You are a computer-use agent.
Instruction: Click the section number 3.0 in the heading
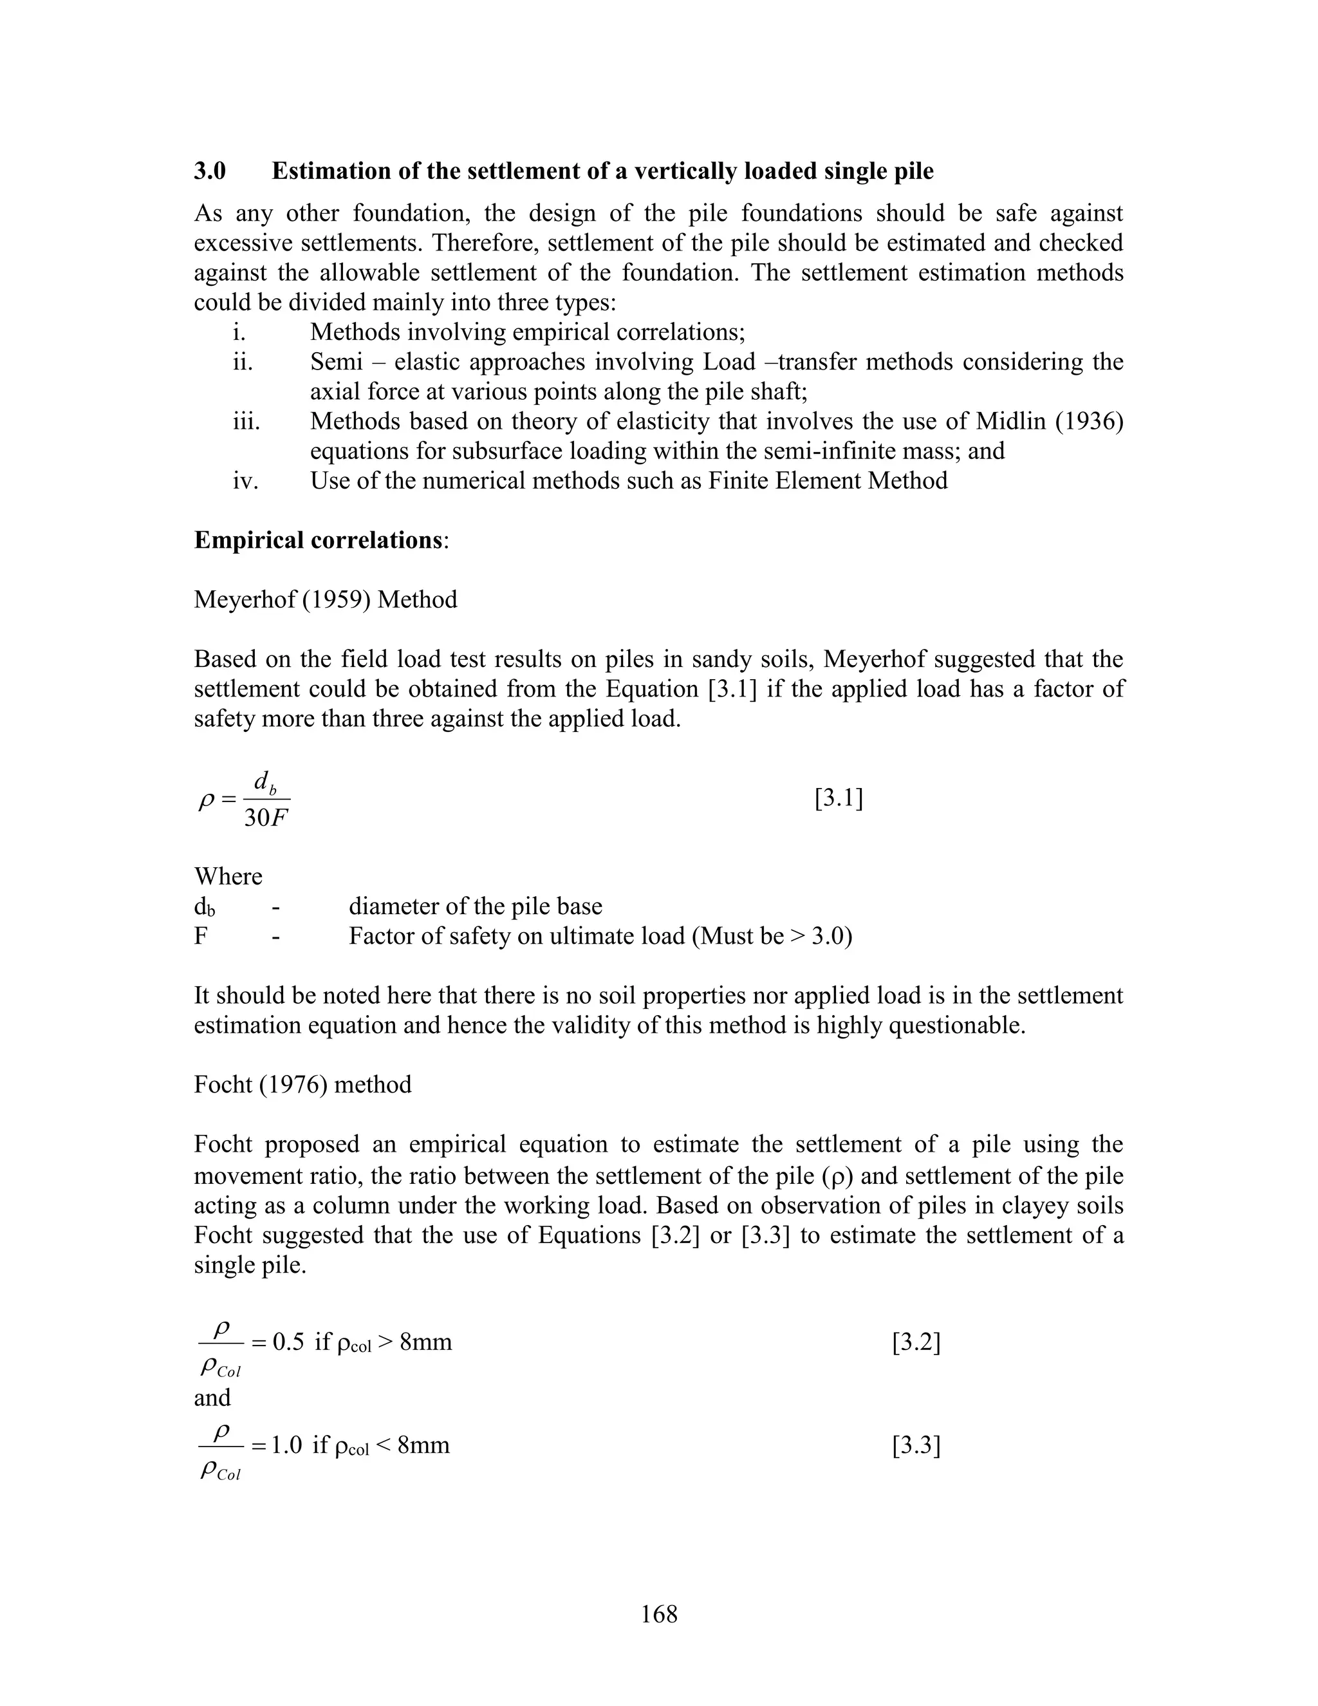[209, 171]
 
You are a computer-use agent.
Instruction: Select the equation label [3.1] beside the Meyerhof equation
[839, 799]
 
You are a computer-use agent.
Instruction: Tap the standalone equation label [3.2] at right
[916, 1343]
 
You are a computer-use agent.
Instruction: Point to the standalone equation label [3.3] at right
[916, 1446]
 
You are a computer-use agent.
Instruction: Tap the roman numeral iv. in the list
[245, 480]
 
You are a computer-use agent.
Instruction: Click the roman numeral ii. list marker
[243, 362]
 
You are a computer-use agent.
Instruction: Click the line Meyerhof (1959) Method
[326, 600]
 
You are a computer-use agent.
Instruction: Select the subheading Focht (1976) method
[302, 1085]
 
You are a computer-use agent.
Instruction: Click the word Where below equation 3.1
[228, 876]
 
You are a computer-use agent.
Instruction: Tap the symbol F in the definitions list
[201, 936]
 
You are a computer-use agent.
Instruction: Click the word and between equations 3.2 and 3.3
[212, 1398]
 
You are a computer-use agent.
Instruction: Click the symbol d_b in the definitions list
[205, 907]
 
